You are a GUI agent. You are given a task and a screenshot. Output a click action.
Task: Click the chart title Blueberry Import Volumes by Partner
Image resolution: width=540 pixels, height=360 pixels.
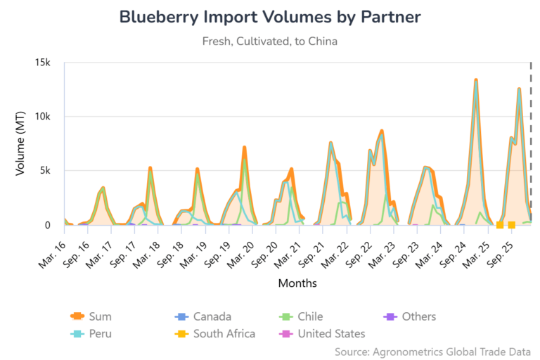click(x=269, y=17)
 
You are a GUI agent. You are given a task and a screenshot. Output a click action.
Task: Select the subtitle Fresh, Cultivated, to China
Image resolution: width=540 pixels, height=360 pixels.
click(x=269, y=41)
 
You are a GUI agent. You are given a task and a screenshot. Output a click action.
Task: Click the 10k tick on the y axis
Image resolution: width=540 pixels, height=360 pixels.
click(x=44, y=117)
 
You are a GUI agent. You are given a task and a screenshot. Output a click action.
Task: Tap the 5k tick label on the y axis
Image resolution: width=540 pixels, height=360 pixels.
click(x=46, y=171)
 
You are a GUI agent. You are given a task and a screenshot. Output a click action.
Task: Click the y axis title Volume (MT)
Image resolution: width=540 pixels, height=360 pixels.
click(x=20, y=144)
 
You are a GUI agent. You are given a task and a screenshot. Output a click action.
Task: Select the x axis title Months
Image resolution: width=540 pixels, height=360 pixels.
click(x=297, y=284)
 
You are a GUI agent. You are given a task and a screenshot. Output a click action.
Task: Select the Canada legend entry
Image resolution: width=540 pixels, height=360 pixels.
click(x=212, y=317)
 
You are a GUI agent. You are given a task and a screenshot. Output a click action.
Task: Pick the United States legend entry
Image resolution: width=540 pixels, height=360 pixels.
click(x=331, y=334)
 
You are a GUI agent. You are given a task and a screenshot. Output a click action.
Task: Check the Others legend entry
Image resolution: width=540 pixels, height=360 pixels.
click(x=419, y=317)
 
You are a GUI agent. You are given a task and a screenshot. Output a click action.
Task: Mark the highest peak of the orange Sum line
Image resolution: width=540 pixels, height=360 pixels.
click(x=476, y=80)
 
